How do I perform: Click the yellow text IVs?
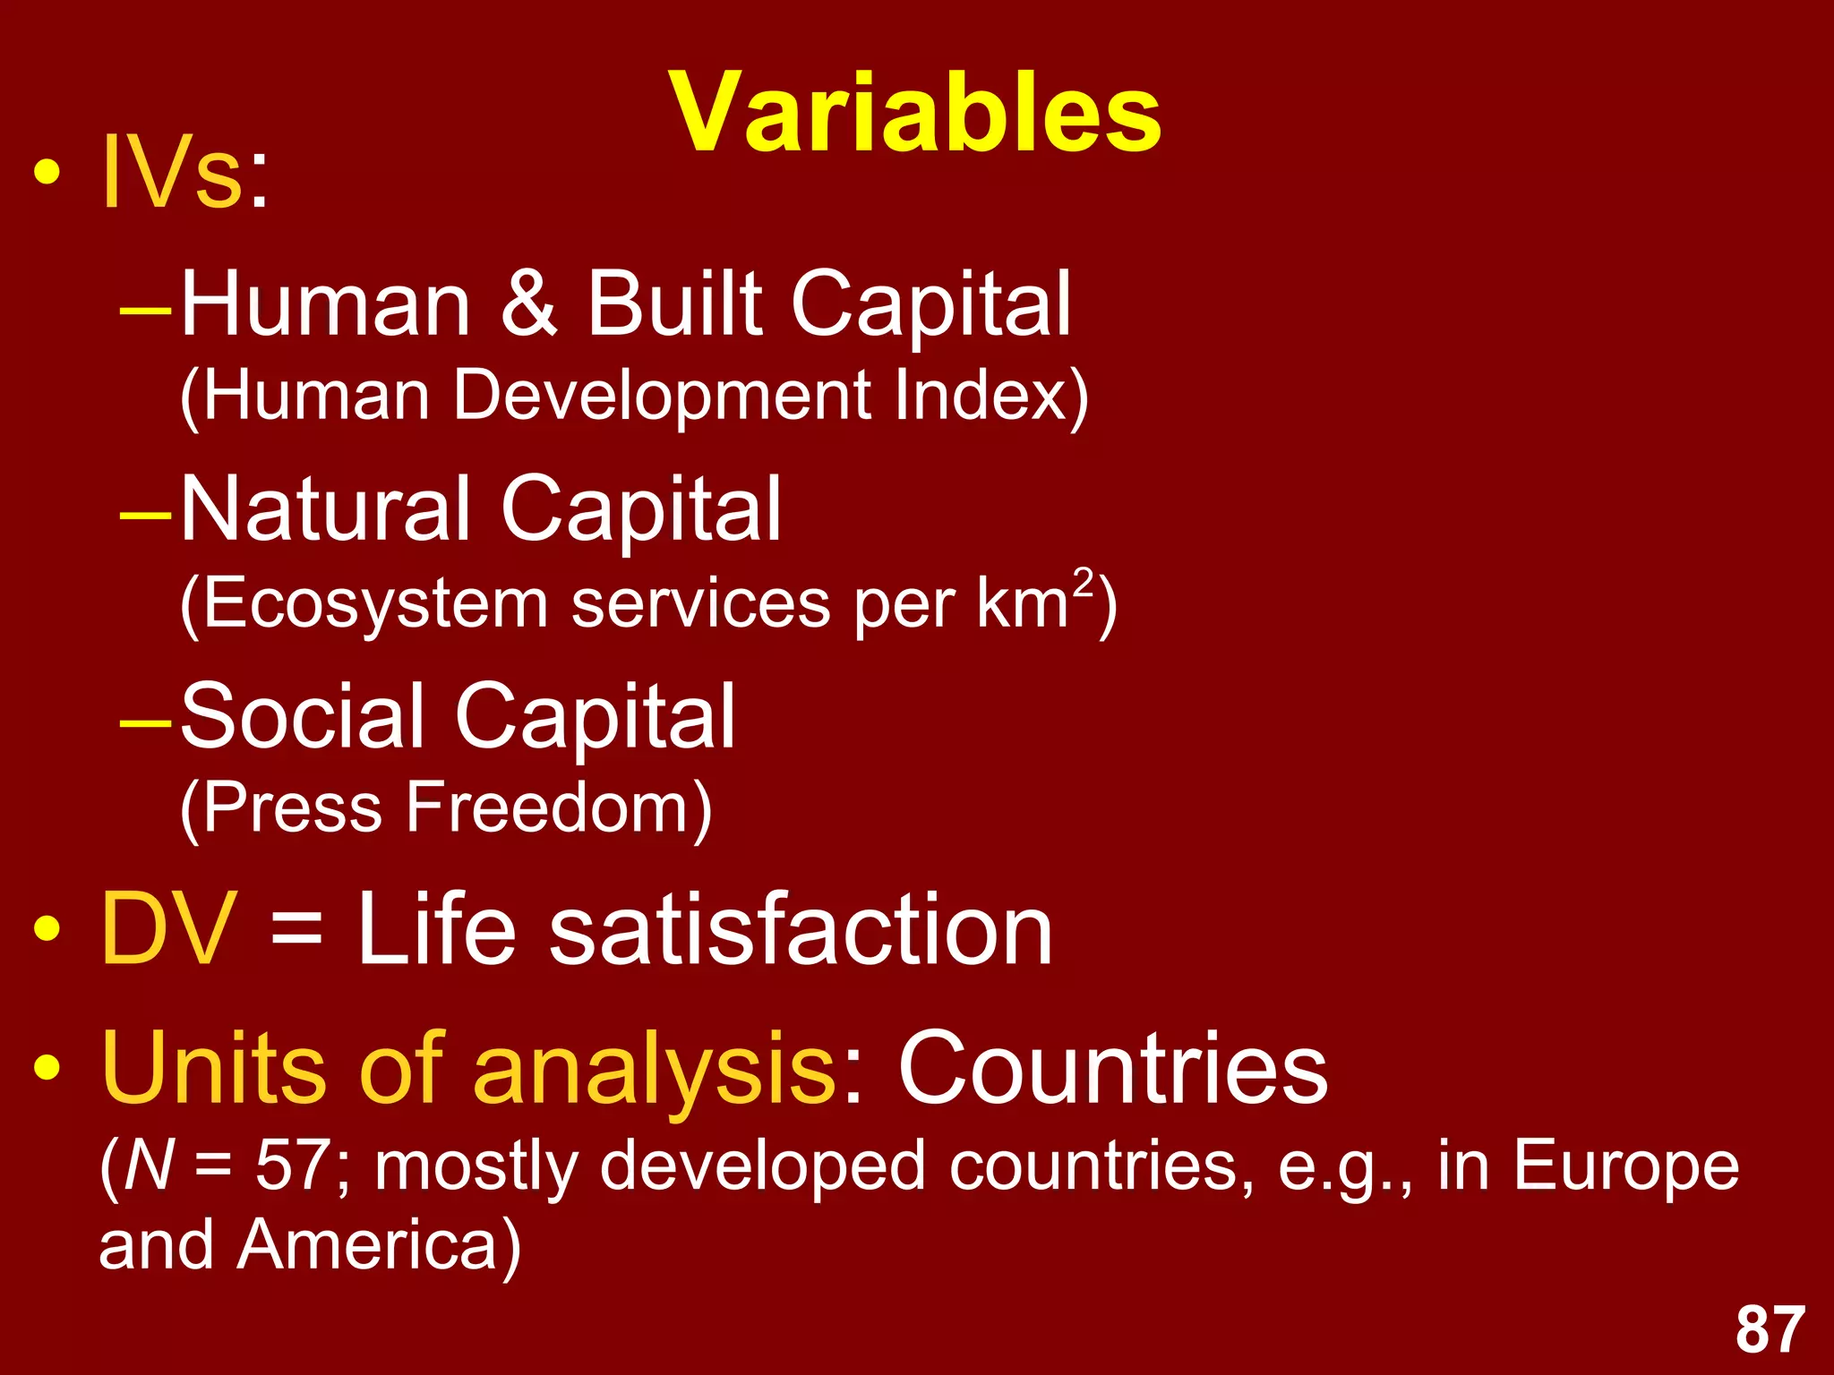point(171,173)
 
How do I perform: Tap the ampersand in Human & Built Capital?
point(528,304)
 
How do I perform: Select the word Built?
point(674,304)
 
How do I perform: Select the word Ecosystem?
point(375,604)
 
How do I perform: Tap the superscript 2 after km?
point(1084,583)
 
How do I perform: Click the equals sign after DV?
point(296,931)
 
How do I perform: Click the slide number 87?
point(1770,1330)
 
